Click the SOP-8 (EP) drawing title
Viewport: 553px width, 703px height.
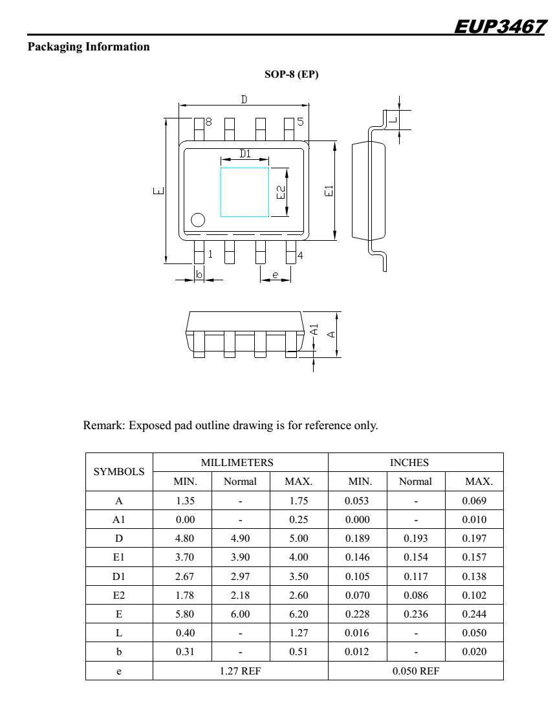tap(292, 75)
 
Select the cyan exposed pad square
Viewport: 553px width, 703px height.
tap(244, 192)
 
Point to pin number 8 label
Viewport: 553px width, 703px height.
tap(209, 122)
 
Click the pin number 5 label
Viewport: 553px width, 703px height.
tap(300, 122)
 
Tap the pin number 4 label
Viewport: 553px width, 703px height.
tap(300, 255)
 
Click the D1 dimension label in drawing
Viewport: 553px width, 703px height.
tap(245, 154)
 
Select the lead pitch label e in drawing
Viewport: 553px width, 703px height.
tap(275, 276)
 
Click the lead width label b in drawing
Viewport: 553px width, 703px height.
tap(199, 275)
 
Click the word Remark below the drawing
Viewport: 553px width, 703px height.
tap(102, 426)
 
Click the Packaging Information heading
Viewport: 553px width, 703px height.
tap(66, 47)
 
